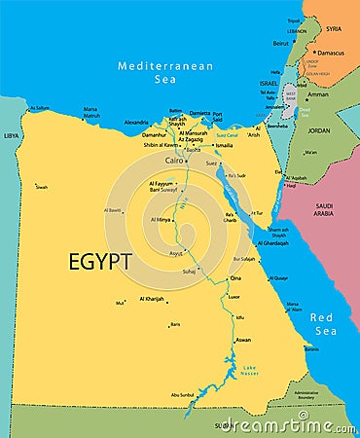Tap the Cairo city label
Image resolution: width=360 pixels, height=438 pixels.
(174, 159)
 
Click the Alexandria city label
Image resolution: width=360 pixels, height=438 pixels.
(136, 123)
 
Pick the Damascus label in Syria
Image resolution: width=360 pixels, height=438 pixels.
(331, 53)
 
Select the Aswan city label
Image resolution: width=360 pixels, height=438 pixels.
(243, 340)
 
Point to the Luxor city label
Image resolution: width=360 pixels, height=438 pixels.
(234, 296)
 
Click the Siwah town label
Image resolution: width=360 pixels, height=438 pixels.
(41, 187)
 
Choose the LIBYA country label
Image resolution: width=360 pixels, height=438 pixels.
(11, 136)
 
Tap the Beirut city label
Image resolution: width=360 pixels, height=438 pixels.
(281, 43)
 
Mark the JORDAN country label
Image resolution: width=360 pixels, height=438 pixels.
(319, 129)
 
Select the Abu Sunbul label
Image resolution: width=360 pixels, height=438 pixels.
(182, 394)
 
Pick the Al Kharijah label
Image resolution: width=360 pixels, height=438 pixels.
(152, 299)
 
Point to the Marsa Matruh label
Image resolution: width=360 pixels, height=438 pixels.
(90, 112)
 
